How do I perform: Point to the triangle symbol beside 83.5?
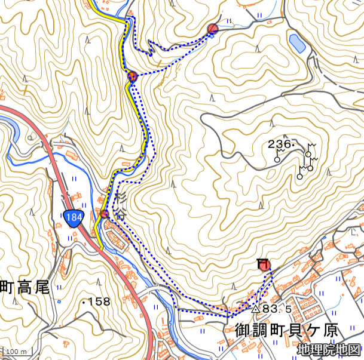pyautogui.click(x=256, y=309)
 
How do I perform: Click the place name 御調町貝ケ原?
pyautogui.click(x=287, y=330)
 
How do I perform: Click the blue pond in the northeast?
pyautogui.click(x=296, y=43)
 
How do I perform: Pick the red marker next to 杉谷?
pyautogui.click(x=105, y=214)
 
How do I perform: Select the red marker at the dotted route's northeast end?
pyautogui.click(x=213, y=29)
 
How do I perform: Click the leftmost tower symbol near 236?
pyautogui.click(x=277, y=160)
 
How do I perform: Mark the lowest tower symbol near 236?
pyautogui.click(x=299, y=177)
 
